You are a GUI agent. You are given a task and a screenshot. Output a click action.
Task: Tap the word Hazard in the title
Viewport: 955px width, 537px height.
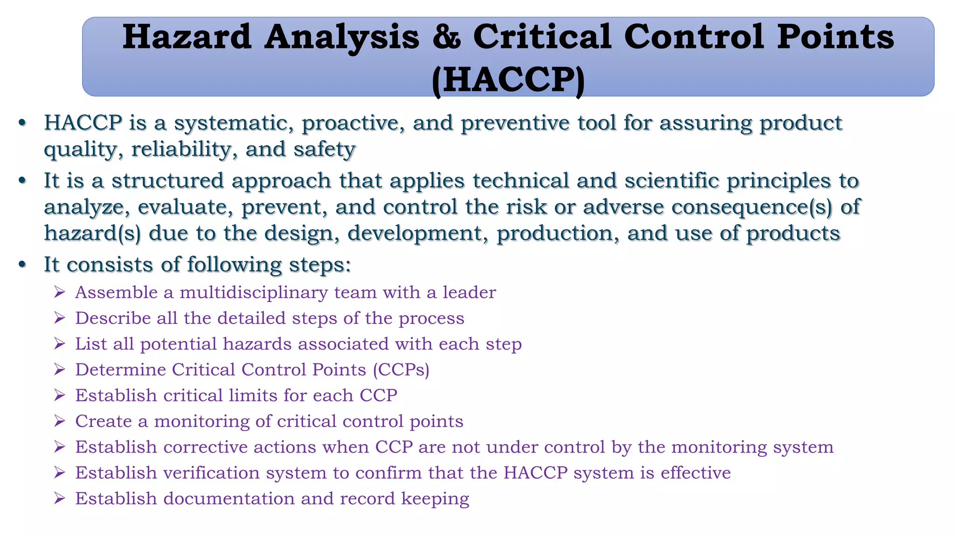click(187, 37)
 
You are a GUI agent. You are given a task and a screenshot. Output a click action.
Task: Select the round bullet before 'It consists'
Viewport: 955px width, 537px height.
click(22, 264)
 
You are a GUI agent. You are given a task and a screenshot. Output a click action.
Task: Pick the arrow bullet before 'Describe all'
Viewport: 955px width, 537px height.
click(59, 318)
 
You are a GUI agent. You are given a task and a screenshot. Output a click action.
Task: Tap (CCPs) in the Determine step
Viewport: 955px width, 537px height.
click(401, 370)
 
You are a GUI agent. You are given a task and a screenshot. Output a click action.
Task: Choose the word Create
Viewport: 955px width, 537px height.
click(104, 421)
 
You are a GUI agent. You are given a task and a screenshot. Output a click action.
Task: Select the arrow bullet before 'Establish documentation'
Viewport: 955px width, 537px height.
click(59, 498)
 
